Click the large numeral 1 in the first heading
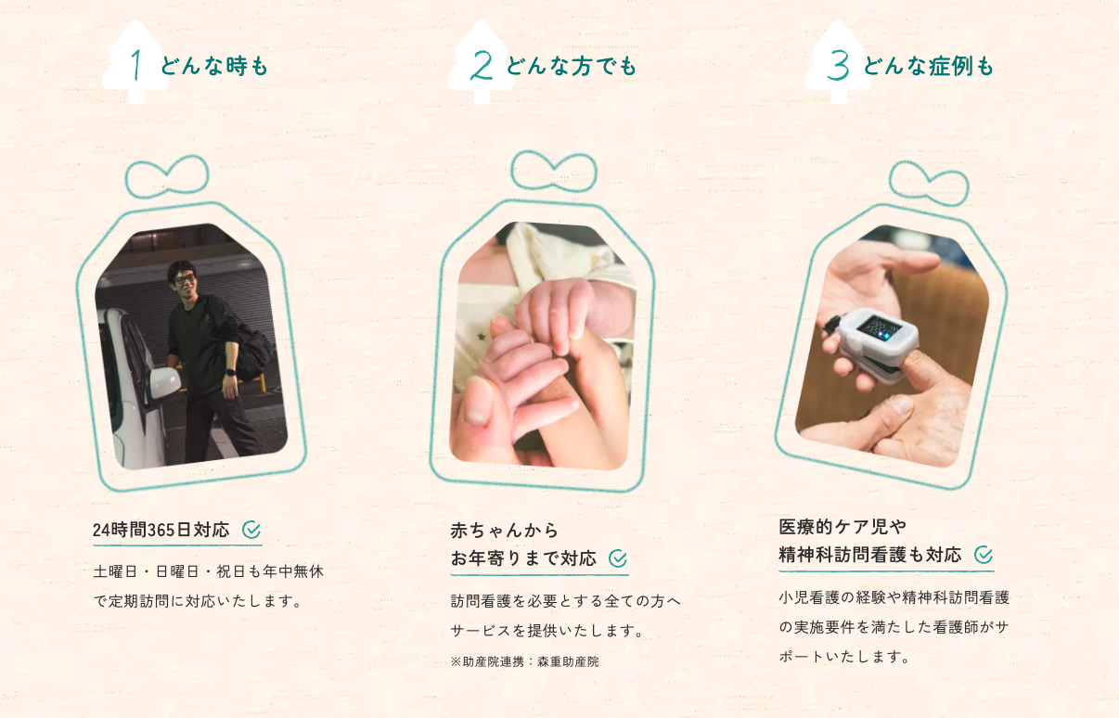(135, 65)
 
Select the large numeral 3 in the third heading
(838, 66)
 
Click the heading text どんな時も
(214, 66)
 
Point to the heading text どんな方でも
(571, 66)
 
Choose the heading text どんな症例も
(928, 66)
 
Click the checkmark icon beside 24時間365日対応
(251, 530)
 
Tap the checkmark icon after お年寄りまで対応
(618, 558)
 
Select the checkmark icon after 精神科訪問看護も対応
(984, 555)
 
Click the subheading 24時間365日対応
(161, 530)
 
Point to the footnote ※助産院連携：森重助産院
(524, 661)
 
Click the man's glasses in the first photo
(185, 279)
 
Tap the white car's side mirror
(164, 382)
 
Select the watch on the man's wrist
(230, 373)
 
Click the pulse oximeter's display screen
(880, 327)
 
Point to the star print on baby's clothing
(481, 337)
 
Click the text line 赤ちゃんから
(504, 531)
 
